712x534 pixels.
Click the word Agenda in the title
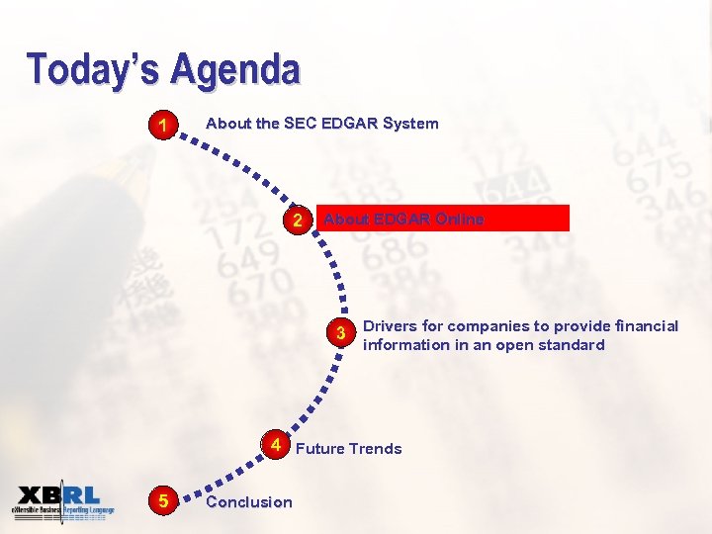click(234, 69)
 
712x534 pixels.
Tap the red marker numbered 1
click(161, 126)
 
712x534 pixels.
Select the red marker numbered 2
click(298, 220)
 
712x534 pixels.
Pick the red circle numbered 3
click(340, 333)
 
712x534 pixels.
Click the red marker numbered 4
click(275, 445)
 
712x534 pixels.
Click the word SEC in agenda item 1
click(300, 124)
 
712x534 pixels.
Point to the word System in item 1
click(409, 124)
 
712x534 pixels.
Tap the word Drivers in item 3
click(391, 326)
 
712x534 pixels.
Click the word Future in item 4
click(320, 449)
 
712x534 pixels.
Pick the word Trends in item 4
click(376, 449)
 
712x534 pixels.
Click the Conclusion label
click(248, 502)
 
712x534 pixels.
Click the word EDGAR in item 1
click(348, 124)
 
